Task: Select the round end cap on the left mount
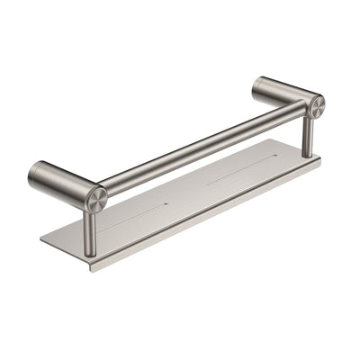coord(94,199)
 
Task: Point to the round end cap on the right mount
coord(316,106)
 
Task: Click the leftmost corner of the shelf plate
coord(40,240)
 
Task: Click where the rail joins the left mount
coord(108,190)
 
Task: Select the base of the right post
coord(307,154)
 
